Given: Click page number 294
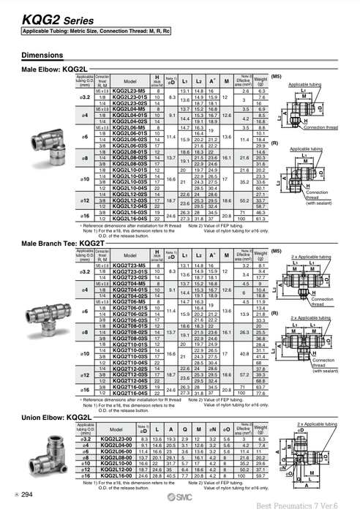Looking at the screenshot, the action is click(x=26, y=496).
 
